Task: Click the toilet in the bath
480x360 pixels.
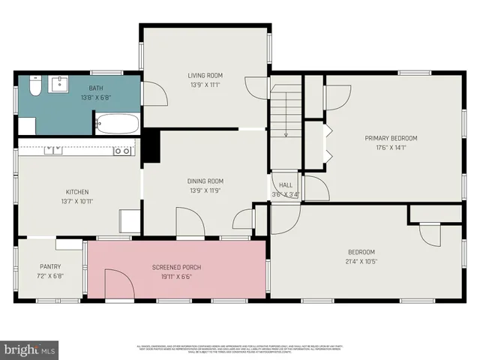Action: pyautogui.click(x=34, y=88)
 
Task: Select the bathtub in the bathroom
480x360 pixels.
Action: pyautogui.click(x=116, y=124)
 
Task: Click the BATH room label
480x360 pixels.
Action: pyautogui.click(x=96, y=88)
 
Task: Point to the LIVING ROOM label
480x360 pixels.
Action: pyautogui.click(x=205, y=75)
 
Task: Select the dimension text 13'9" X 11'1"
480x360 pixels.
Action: pyautogui.click(x=205, y=84)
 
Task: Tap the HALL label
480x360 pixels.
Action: pyautogui.click(x=286, y=185)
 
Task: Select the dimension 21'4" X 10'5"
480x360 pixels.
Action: pyautogui.click(x=361, y=262)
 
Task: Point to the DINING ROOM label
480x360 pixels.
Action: pyautogui.click(x=205, y=181)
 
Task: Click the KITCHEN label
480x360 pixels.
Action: pyautogui.click(x=77, y=192)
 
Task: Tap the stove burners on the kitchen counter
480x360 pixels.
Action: pyautogui.click(x=122, y=151)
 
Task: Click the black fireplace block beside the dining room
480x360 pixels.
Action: pyautogui.click(x=151, y=145)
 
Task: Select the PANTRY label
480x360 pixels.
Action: pyautogui.click(x=50, y=266)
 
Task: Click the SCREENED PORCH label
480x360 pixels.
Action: pyautogui.click(x=176, y=267)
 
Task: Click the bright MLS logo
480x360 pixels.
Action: pyautogui.click(x=30, y=349)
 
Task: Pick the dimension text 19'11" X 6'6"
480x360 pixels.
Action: pyautogui.click(x=176, y=276)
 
